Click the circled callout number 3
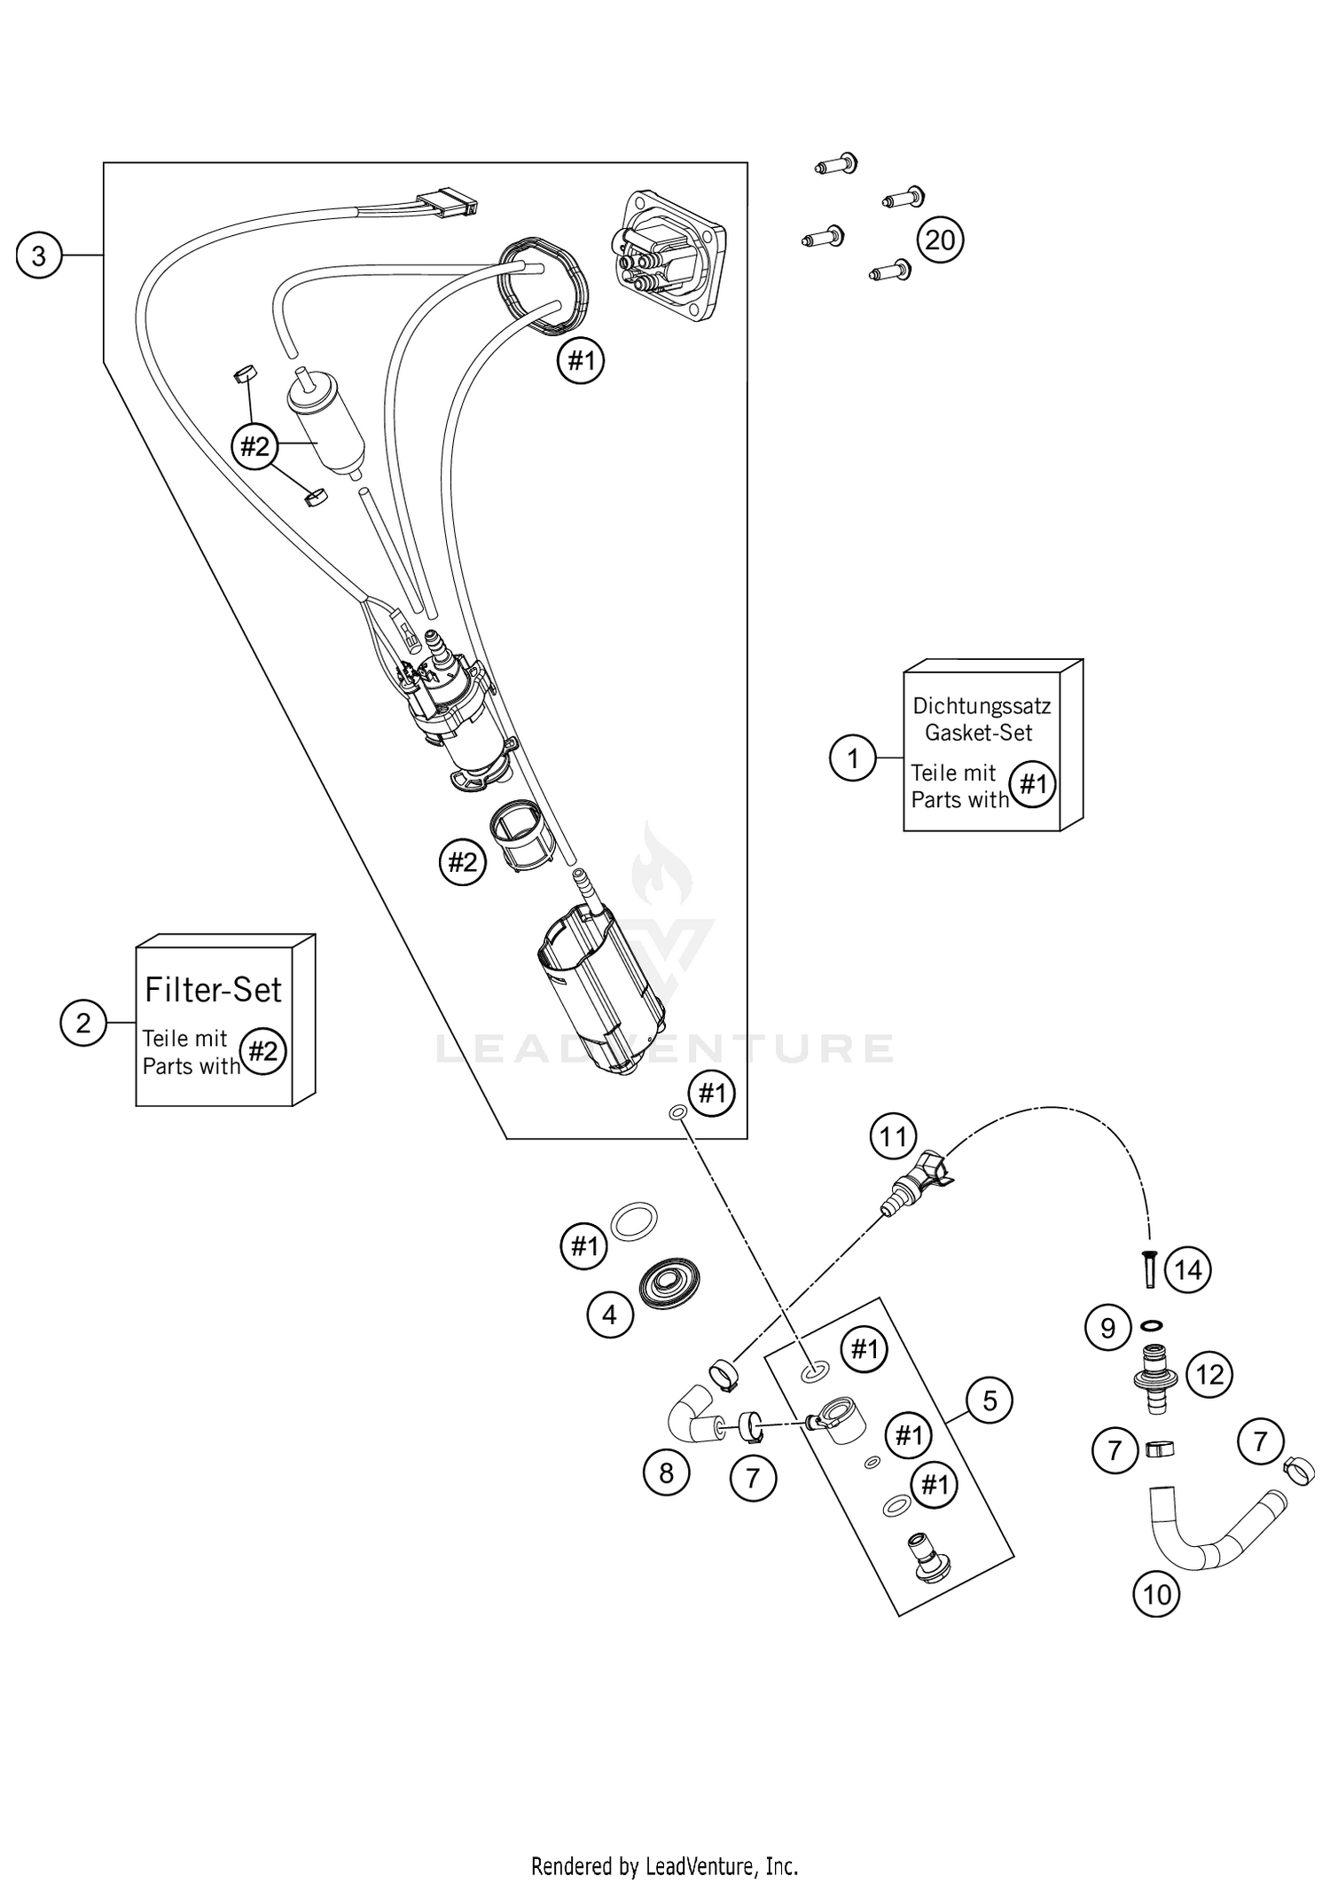(x=39, y=255)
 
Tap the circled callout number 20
(x=940, y=239)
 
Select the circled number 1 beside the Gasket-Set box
(x=853, y=758)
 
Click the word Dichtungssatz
(x=982, y=706)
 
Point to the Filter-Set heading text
(x=213, y=990)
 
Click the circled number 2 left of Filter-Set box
(x=83, y=1024)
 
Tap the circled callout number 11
(x=893, y=1136)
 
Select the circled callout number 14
(x=1187, y=1270)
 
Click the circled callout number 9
(x=1107, y=1328)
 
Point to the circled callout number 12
(x=1209, y=1375)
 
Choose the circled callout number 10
(x=1156, y=1595)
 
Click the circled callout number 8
(x=666, y=1473)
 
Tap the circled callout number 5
(x=990, y=1401)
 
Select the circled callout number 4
(x=609, y=1315)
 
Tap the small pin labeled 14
(x=1149, y=1271)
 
